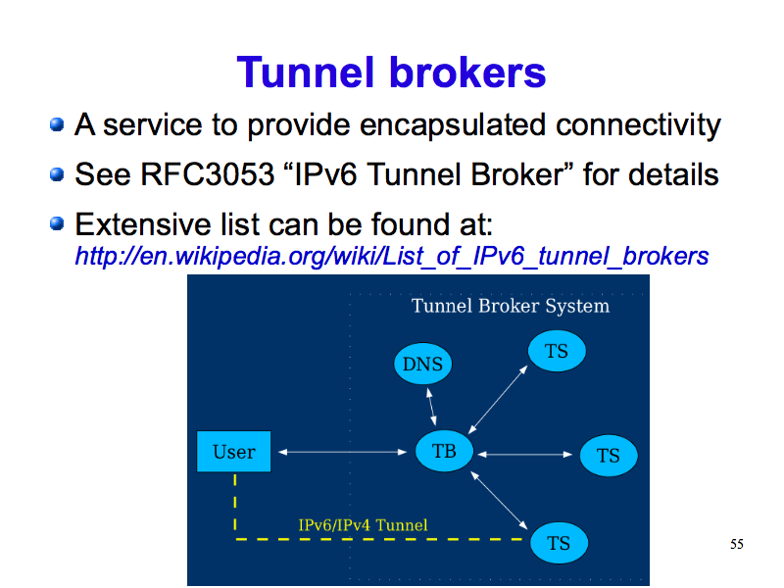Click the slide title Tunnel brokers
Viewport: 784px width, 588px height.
[x=391, y=73]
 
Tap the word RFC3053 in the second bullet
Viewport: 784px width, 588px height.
[x=190, y=175]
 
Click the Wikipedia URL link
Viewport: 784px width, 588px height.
[x=391, y=257]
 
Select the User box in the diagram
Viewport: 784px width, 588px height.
[x=233, y=452]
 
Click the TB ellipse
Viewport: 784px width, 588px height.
[x=444, y=452]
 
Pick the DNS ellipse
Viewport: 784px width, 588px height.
[x=422, y=366]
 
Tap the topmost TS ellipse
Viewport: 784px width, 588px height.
[x=556, y=351]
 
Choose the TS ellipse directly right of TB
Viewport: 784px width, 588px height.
[x=608, y=456]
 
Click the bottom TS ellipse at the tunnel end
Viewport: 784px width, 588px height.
[x=559, y=542]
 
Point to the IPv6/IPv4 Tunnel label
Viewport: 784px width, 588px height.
[x=363, y=525]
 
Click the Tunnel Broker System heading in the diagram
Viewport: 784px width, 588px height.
[x=510, y=306]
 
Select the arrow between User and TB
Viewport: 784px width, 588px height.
[x=342, y=452]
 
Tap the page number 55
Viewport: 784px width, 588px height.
[x=737, y=544]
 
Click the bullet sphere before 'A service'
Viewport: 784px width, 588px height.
[x=57, y=125]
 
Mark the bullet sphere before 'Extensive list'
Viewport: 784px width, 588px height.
[x=57, y=225]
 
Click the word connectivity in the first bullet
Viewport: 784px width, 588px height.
[x=638, y=125]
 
